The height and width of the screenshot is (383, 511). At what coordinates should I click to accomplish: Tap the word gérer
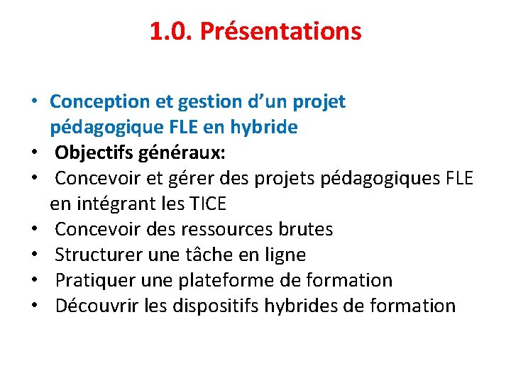(194, 179)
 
